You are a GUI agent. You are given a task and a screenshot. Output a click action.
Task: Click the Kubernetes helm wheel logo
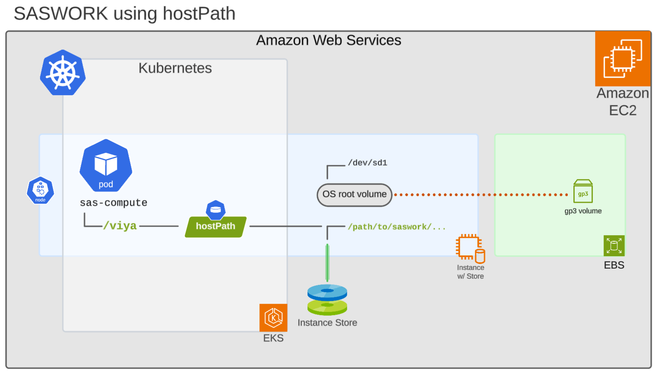(x=63, y=73)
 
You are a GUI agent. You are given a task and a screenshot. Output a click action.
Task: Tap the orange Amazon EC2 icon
(x=622, y=59)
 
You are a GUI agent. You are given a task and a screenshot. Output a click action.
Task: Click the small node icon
(x=40, y=190)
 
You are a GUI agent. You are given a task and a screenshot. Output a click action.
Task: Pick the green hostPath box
(x=216, y=226)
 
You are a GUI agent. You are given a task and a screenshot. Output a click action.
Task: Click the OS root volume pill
(x=354, y=195)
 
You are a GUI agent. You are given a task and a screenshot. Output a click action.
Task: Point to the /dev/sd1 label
(x=367, y=163)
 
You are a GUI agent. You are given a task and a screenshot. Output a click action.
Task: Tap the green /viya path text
(x=120, y=225)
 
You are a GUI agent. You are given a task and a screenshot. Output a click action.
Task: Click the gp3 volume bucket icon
(x=583, y=191)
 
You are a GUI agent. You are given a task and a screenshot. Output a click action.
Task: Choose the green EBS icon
(x=614, y=246)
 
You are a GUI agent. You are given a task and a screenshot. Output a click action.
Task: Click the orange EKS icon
(x=273, y=318)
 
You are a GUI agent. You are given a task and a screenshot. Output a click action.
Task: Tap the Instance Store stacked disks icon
(x=327, y=300)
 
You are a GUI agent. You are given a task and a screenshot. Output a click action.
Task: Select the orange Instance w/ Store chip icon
(x=470, y=248)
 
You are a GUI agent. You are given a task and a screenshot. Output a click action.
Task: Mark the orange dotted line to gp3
(x=482, y=195)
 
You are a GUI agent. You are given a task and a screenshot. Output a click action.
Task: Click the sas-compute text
(x=113, y=203)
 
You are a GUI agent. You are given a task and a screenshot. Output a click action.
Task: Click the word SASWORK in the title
(x=61, y=14)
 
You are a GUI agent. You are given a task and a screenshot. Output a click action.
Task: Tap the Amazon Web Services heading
(x=329, y=40)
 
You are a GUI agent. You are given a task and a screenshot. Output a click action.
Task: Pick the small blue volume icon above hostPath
(x=216, y=210)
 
